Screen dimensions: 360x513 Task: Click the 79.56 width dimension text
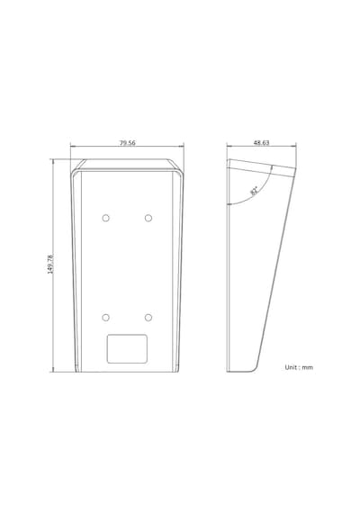(127, 143)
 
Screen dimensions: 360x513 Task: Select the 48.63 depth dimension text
(261, 142)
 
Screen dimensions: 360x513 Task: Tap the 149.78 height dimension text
(50, 264)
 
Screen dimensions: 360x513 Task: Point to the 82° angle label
(254, 191)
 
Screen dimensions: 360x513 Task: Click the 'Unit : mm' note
(299, 367)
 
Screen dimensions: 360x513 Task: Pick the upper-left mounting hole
(105, 218)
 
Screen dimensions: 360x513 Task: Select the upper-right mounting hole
(148, 218)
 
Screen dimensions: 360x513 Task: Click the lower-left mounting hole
(105, 318)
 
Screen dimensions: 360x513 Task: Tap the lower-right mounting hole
(148, 318)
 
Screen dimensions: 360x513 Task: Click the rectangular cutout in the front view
(127, 349)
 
